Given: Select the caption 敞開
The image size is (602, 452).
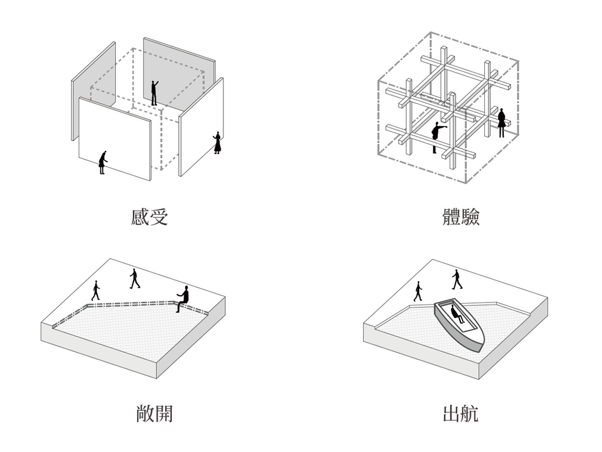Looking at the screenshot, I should tap(154, 414).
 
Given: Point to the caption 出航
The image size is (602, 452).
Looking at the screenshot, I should tap(460, 414).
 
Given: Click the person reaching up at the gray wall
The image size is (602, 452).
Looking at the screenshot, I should tap(154, 93).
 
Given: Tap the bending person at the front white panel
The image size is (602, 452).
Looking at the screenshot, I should tap(103, 162).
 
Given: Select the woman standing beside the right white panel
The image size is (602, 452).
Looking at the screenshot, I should tap(217, 142).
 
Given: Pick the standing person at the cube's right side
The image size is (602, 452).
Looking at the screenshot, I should tap(501, 122).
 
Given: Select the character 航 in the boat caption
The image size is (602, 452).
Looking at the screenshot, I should tap(470, 414).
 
